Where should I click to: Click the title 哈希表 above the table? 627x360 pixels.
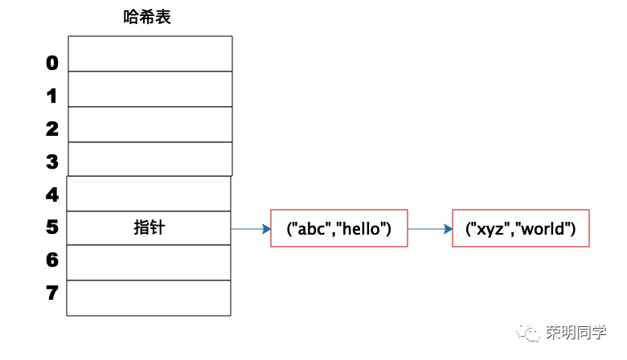click(147, 17)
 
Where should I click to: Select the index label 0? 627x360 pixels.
click(52, 63)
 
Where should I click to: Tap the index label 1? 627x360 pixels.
click(51, 96)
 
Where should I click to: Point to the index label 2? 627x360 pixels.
click(52, 129)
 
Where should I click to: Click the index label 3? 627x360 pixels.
click(52, 162)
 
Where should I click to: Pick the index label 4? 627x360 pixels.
click(52, 194)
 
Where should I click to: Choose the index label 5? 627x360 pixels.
click(52, 227)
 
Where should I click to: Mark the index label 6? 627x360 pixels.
click(52, 260)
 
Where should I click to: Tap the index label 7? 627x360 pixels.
click(52, 292)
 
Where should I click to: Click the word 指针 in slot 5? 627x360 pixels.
click(150, 227)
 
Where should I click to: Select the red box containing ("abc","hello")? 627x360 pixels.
click(339, 228)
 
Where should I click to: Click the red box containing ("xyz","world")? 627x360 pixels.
click(521, 228)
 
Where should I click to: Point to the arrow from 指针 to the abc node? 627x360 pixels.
click(251, 229)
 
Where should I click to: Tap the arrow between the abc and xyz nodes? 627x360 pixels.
click(430, 229)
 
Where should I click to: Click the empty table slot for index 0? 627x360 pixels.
click(150, 54)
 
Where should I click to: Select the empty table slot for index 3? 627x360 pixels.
click(150, 159)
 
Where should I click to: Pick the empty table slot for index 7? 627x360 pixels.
click(149, 298)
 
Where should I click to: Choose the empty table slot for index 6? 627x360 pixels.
click(149, 263)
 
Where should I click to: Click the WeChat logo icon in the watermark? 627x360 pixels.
click(527, 332)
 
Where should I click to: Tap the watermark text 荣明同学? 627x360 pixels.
click(576, 332)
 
